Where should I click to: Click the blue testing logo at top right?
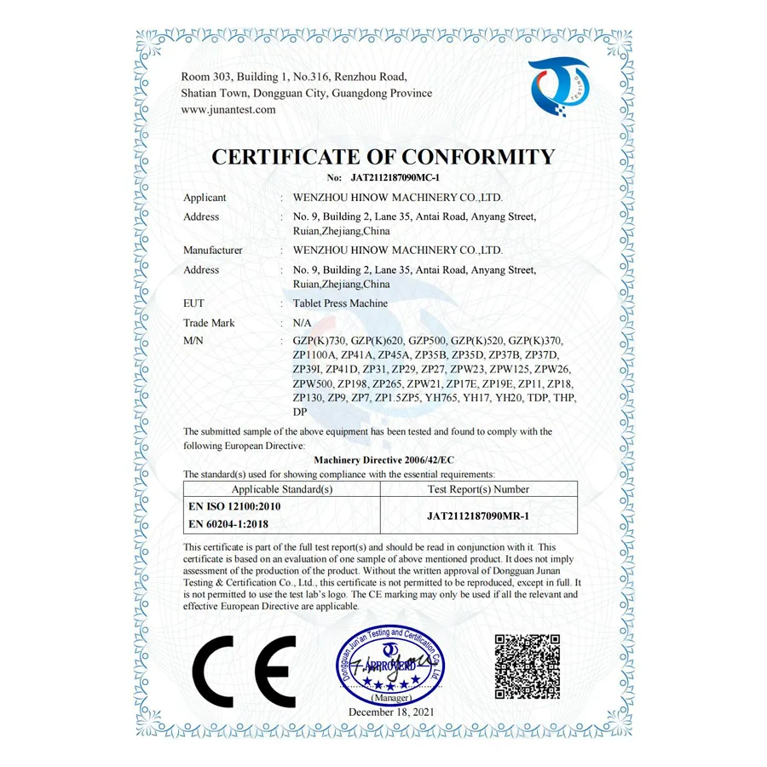[x=558, y=86]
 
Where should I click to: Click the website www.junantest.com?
[x=228, y=110]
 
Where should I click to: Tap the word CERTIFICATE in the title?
[x=295, y=158]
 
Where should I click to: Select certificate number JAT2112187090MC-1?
[x=395, y=178]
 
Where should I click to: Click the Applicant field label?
[x=205, y=198]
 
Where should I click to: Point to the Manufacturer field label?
[x=213, y=251]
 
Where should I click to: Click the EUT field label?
[x=193, y=303]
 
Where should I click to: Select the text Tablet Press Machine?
[x=340, y=303]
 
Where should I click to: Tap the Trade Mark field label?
[x=209, y=323]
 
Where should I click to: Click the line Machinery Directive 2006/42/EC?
[x=378, y=459]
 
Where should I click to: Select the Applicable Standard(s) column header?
[x=282, y=489]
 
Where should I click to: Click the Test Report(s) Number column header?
[x=478, y=489]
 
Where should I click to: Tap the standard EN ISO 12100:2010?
[x=234, y=506]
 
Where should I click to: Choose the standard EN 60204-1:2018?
[x=228, y=524]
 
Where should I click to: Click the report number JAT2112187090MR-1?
[x=478, y=516]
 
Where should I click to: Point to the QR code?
[x=528, y=666]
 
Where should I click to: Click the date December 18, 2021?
[x=391, y=711]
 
